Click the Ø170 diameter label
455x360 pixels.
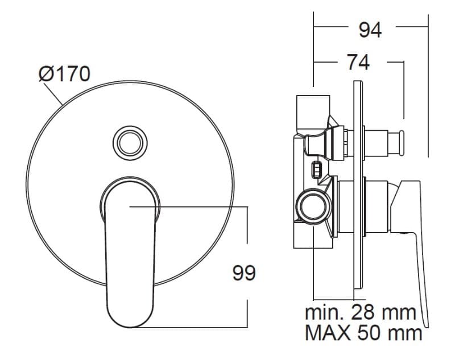pyautogui.click(x=64, y=74)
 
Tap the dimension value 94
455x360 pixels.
pyautogui.click(x=370, y=30)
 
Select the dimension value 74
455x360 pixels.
pyautogui.click(x=359, y=63)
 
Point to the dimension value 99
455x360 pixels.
pyautogui.click(x=244, y=273)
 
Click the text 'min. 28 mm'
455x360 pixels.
pyautogui.click(x=361, y=312)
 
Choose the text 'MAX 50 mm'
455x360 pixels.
pyautogui.click(x=363, y=333)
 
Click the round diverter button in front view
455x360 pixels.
pyautogui.click(x=130, y=143)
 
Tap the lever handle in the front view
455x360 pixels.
pyautogui.click(x=130, y=253)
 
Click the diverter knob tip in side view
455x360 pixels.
pyautogui.click(x=402, y=143)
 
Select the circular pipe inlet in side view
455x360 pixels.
pyautogui.click(x=313, y=207)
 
